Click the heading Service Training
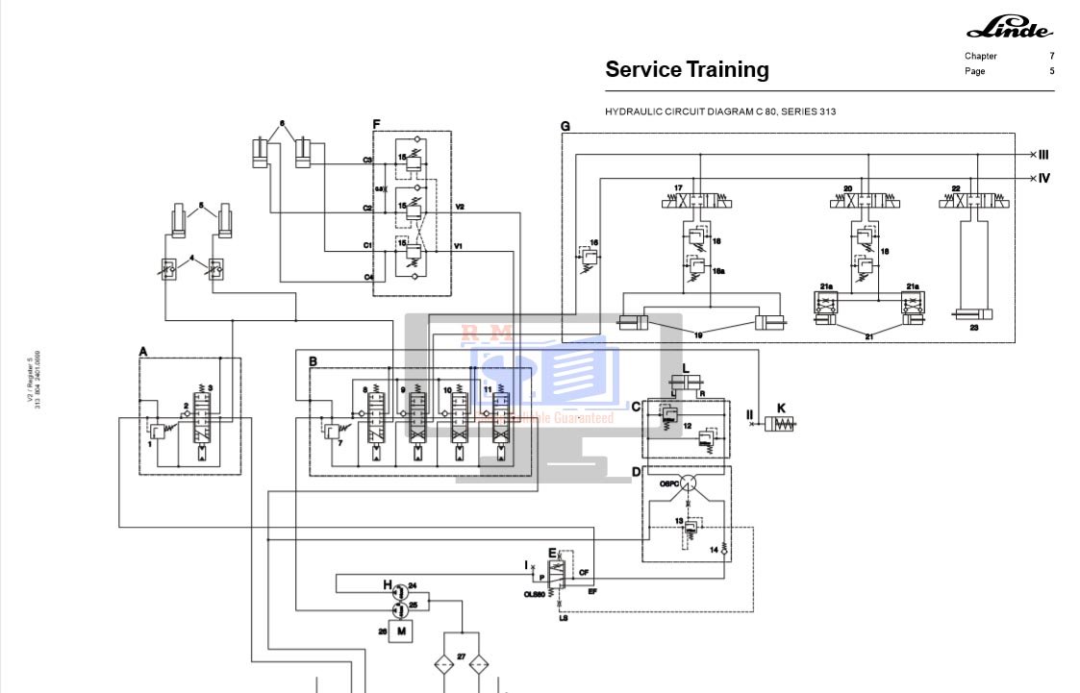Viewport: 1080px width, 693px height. [x=687, y=69]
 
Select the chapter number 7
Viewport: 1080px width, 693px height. [x=1051, y=56]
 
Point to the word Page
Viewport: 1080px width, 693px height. [x=975, y=71]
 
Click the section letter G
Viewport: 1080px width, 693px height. [x=565, y=126]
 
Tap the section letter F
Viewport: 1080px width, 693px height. [x=377, y=124]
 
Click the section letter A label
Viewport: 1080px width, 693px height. [x=143, y=352]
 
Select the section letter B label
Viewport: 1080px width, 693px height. [x=314, y=361]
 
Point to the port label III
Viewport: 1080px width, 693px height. [x=1042, y=154]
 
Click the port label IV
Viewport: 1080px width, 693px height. [x=1043, y=178]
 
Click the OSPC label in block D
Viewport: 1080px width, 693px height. [x=669, y=484]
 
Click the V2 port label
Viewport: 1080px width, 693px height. [x=460, y=207]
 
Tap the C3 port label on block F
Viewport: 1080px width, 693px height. [x=367, y=160]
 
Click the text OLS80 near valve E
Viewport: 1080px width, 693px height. [x=535, y=594]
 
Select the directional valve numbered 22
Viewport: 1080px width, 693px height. [x=974, y=203]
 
